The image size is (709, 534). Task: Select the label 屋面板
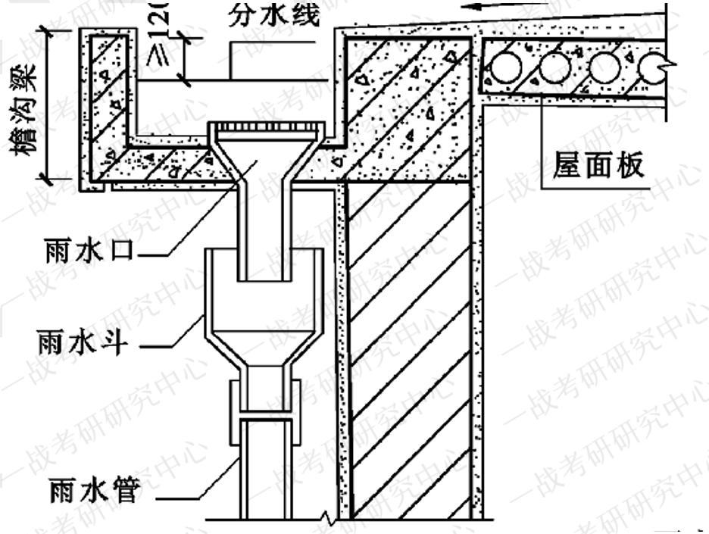[598, 163]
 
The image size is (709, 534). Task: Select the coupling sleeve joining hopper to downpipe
[265, 410]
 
